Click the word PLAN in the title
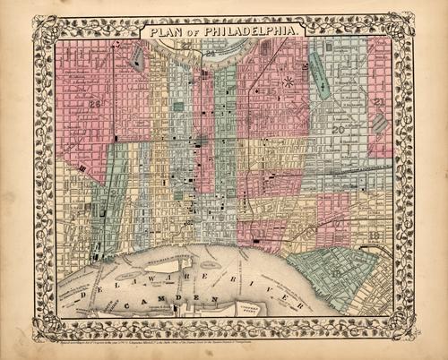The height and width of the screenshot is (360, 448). pyautogui.click(x=165, y=33)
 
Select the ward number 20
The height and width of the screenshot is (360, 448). pyautogui.click(x=339, y=131)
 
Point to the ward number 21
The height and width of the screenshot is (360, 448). pyautogui.click(x=381, y=102)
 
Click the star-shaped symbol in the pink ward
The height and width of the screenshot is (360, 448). pyautogui.click(x=288, y=82)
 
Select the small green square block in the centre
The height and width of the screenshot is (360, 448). pyautogui.click(x=178, y=107)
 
